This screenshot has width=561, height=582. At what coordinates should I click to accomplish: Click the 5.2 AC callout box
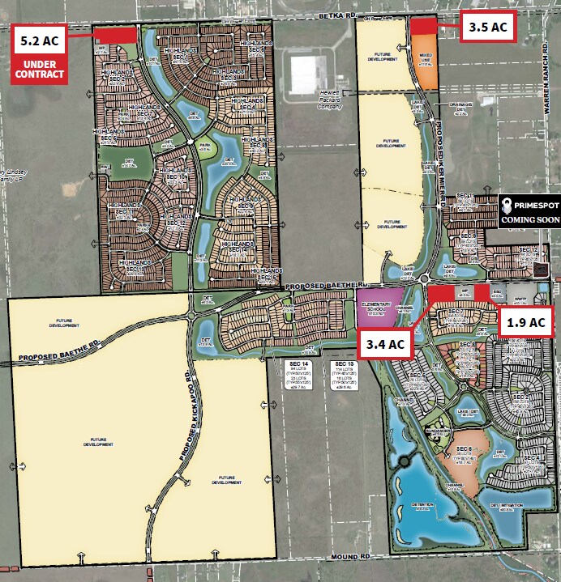pyautogui.click(x=38, y=38)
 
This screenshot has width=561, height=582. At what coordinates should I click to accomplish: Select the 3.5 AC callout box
pyautogui.click(x=488, y=27)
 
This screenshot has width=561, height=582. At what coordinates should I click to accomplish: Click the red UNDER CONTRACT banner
pyautogui.click(x=38, y=69)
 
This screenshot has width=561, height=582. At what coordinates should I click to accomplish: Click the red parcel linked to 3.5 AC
pyautogui.click(x=422, y=26)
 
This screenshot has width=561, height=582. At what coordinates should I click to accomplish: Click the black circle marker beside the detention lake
pyautogui.click(x=402, y=462)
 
